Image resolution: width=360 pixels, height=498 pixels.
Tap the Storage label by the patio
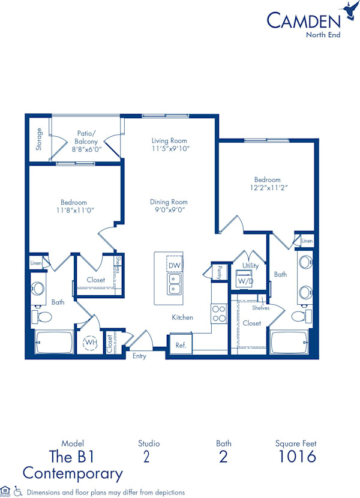pyautogui.click(x=40, y=139)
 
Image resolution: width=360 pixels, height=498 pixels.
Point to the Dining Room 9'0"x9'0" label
pyautogui.click(x=169, y=206)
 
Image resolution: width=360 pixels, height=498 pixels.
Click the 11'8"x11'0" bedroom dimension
pyautogui.click(x=73, y=210)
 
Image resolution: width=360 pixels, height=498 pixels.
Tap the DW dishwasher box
pyautogui.click(x=175, y=265)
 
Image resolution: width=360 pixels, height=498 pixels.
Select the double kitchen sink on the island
pyautogui.click(x=175, y=284)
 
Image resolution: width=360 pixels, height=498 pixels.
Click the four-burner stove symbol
pyautogui.click(x=219, y=314)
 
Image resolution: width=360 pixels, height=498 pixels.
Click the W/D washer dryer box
pyautogui.click(x=244, y=280)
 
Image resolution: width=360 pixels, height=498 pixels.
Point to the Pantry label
pyautogui.click(x=220, y=272)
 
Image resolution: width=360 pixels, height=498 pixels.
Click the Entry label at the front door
pyautogui.click(x=139, y=356)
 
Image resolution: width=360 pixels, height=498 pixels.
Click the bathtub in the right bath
pyautogui.click(x=291, y=343)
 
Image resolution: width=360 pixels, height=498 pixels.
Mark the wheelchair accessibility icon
pyautogui.click(x=18, y=491)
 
